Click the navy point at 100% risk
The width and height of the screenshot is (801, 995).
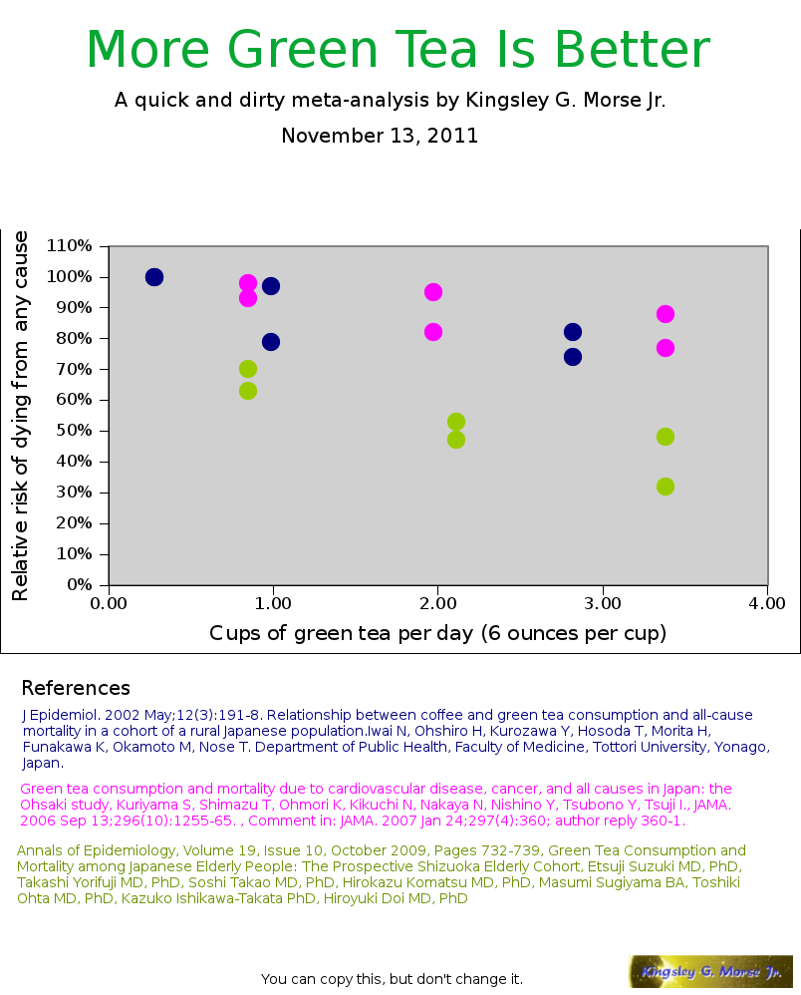154,277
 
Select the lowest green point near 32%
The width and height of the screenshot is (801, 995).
666,487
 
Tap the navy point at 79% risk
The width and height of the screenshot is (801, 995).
271,342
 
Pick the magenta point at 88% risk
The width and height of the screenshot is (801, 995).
666,314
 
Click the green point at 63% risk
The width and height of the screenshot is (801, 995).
248,391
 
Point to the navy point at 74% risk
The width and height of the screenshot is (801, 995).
573,357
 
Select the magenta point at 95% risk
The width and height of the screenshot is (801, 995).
433,292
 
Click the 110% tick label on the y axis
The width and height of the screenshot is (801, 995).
70,245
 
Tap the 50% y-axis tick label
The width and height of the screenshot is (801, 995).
74,431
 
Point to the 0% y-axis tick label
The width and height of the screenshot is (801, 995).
78,584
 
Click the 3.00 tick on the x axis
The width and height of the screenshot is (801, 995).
603,603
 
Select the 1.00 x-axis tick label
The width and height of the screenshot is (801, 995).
274,603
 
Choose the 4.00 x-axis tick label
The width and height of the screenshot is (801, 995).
767,603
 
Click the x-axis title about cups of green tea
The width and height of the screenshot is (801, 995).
437,633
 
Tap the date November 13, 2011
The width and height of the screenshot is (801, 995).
380,136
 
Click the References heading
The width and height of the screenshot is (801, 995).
76,688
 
